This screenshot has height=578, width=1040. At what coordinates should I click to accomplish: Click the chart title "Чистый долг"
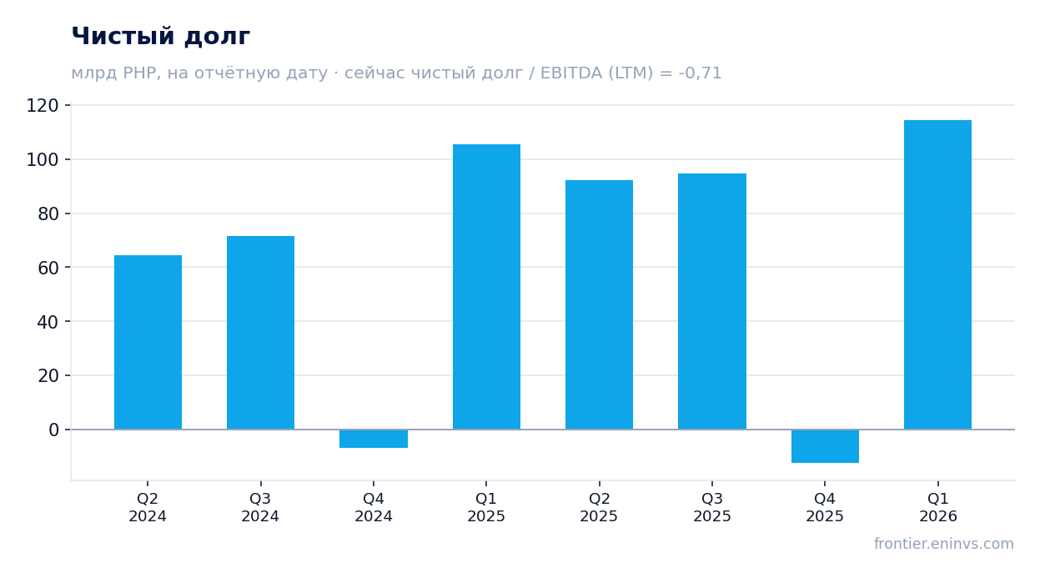(x=161, y=37)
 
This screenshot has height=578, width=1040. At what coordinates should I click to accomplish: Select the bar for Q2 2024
(x=148, y=342)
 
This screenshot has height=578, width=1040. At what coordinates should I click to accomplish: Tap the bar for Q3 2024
(x=260, y=333)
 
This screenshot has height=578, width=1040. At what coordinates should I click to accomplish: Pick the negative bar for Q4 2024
(x=374, y=439)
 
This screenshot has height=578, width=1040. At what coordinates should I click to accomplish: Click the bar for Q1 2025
(x=486, y=287)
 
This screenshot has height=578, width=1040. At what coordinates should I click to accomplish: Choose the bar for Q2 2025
(x=600, y=304)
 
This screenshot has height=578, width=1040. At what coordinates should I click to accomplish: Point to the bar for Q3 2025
(x=712, y=301)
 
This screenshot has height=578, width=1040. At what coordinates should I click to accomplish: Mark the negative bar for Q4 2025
(x=825, y=446)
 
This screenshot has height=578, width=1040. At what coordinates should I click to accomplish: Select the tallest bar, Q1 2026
(x=938, y=275)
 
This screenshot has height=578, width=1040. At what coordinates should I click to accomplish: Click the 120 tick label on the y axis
(x=43, y=106)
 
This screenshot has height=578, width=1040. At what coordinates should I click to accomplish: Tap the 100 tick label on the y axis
(x=43, y=160)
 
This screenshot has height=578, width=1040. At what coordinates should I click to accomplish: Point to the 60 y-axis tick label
(x=48, y=268)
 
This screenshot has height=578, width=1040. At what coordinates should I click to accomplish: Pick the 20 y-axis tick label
(x=48, y=376)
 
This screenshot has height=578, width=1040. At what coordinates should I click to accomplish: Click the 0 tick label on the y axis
(x=54, y=430)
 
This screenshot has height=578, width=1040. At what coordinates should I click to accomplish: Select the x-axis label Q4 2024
(x=374, y=507)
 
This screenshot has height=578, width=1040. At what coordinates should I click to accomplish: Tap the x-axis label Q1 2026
(x=938, y=507)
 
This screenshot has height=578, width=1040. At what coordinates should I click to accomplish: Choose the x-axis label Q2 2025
(x=599, y=507)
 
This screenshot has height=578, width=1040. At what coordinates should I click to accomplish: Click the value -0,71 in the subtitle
(x=700, y=73)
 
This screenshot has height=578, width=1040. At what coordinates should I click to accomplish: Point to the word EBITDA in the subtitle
(x=571, y=73)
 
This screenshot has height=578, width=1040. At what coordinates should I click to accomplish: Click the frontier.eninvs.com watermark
(x=944, y=544)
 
